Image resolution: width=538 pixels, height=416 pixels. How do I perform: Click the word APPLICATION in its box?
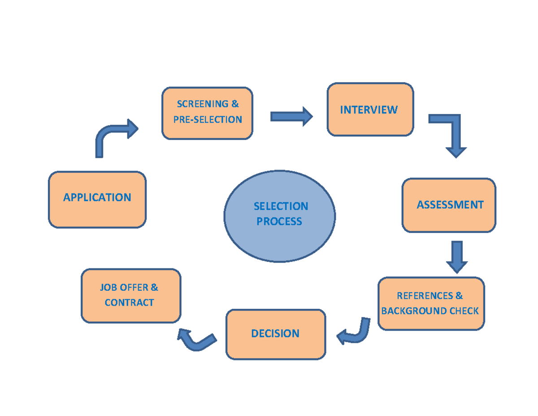click(97, 197)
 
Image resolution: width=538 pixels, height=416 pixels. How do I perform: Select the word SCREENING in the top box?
click(202, 104)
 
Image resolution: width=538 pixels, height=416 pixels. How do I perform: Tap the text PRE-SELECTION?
click(208, 119)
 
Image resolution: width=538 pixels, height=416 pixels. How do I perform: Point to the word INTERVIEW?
click(369, 110)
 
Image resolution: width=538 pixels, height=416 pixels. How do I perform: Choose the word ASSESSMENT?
click(450, 205)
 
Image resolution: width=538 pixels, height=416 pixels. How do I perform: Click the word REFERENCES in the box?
click(425, 296)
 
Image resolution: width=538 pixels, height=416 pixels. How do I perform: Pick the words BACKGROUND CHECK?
click(430, 311)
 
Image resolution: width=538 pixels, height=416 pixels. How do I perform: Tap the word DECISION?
click(275, 333)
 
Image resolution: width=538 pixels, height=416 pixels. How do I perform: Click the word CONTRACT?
click(129, 302)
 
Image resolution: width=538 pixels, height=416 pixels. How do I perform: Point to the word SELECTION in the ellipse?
click(281, 206)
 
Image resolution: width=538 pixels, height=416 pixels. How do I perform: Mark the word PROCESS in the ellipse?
click(279, 221)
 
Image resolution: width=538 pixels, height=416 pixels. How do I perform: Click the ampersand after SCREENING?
click(235, 104)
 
